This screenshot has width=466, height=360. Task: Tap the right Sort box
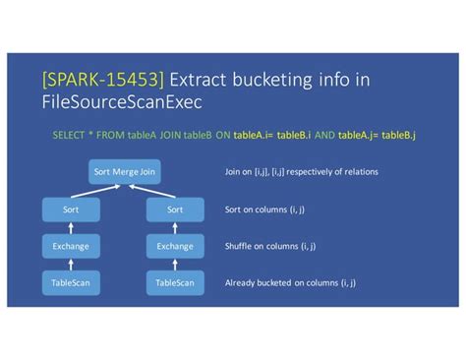pos(175,209)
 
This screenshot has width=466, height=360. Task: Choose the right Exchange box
pos(175,246)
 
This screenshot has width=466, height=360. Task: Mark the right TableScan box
pos(175,283)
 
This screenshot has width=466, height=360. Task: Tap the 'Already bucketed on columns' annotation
pos(289,284)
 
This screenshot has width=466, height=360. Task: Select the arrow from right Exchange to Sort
pos(175,227)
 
